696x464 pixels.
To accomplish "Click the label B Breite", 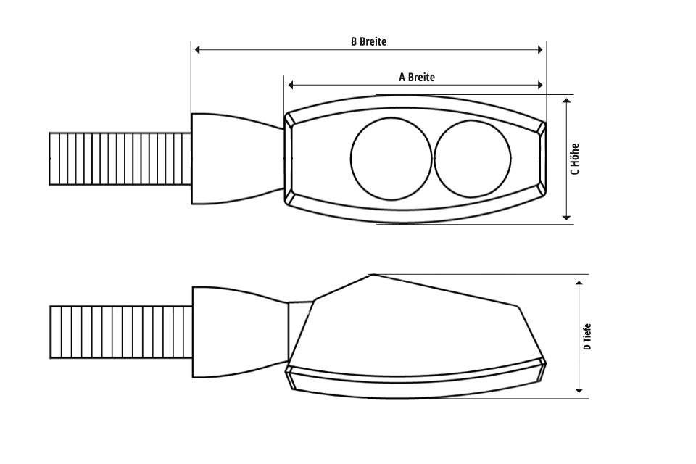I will [x=368, y=41].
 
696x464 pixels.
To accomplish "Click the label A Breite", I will [x=417, y=77].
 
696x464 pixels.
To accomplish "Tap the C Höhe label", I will [x=575, y=159].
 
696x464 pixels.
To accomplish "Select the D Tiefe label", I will [x=587, y=337].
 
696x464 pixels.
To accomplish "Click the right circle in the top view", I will [x=473, y=159].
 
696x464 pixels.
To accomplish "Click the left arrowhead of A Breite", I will [x=291, y=86].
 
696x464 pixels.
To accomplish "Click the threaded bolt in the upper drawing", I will [x=120, y=159].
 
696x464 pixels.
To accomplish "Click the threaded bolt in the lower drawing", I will [x=120, y=333].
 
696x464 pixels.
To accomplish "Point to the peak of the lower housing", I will [x=372, y=275].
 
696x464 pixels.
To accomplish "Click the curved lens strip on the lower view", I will [x=417, y=376].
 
